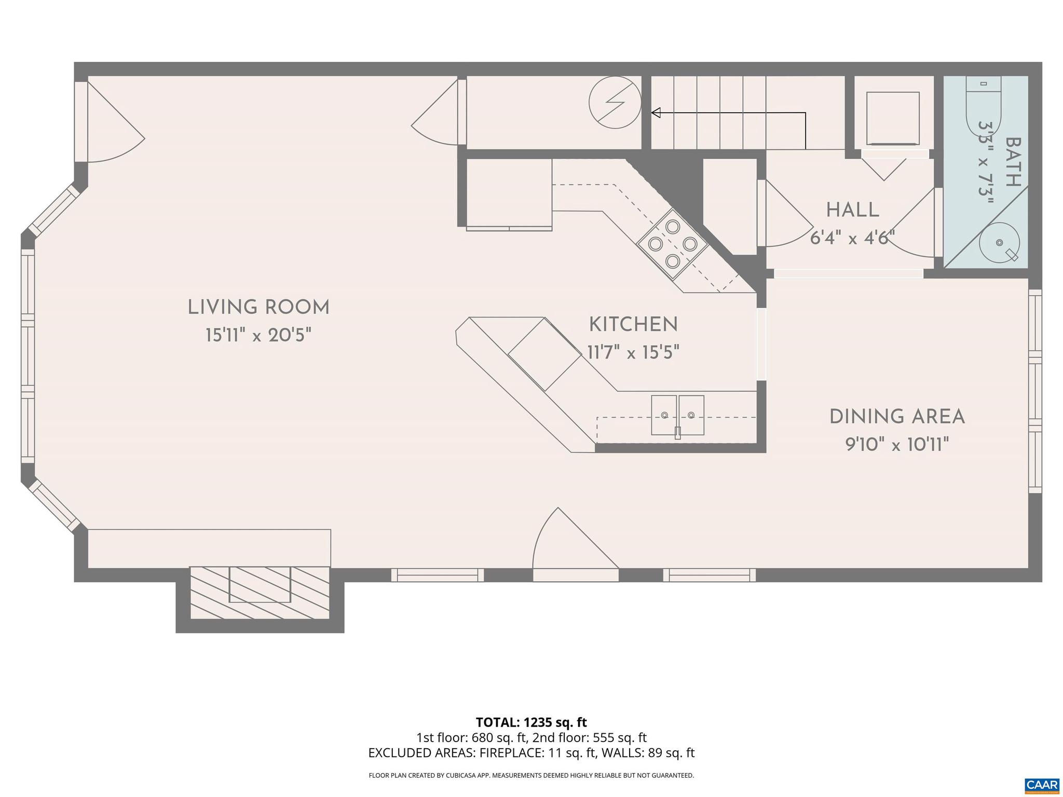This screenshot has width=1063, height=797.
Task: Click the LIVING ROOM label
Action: click(258, 307)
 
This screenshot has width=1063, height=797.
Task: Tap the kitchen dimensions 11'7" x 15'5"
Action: click(633, 353)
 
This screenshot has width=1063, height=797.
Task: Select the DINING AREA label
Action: click(897, 417)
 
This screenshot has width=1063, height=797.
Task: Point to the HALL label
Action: click(852, 210)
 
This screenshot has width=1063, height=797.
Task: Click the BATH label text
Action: click(1013, 162)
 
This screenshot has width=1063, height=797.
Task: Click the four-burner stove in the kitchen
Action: click(673, 243)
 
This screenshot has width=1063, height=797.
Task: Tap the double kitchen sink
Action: click(677, 415)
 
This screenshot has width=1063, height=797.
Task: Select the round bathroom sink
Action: click(999, 243)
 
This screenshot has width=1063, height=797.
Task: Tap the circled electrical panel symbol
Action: click(615, 103)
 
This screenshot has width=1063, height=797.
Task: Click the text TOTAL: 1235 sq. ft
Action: click(531, 722)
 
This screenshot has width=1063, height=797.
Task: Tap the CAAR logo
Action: click(1042, 784)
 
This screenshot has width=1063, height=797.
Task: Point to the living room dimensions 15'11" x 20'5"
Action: click(258, 335)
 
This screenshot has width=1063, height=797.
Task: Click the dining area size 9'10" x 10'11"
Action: click(897, 445)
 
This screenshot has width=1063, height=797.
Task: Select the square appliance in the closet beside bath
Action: click(893, 118)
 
